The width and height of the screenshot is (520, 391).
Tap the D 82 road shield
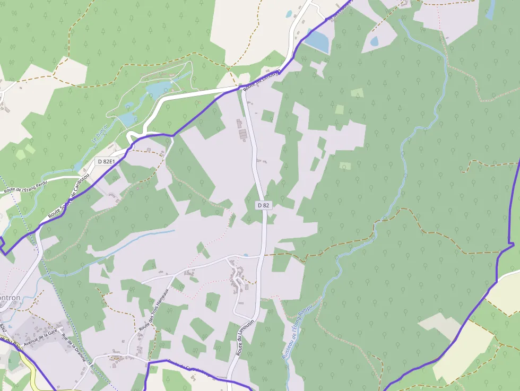click(263, 205)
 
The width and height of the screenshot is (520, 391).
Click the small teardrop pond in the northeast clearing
click(375, 41)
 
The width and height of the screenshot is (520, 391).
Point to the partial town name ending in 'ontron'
click(10, 298)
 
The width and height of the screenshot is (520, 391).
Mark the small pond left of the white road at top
click(289, 14)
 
